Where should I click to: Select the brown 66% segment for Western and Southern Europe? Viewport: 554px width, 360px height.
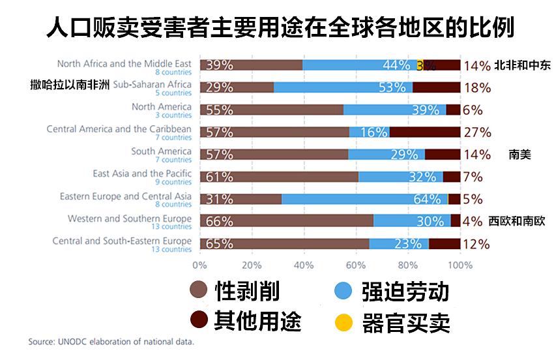click(x=287, y=221)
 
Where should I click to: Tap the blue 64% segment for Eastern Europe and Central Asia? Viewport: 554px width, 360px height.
click(x=364, y=199)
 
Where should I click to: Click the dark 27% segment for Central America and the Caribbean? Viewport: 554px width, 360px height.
click(x=425, y=132)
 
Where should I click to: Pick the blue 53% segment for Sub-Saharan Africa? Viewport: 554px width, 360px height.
click(x=343, y=87)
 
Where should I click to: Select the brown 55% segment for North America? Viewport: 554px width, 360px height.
click(x=272, y=110)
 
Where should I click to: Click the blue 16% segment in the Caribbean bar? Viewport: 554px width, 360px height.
click(x=369, y=132)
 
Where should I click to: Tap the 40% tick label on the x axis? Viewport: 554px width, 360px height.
click(x=304, y=265)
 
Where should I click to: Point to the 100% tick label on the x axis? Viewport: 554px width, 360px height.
click(x=460, y=265)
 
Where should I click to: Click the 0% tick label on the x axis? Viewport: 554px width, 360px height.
click(x=199, y=265)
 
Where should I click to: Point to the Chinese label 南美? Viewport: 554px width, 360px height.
click(x=520, y=155)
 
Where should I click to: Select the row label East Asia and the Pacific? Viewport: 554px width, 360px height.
click(x=142, y=173)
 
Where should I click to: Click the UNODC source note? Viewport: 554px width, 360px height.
click(x=111, y=341)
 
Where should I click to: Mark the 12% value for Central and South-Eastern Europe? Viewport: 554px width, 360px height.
click(x=476, y=244)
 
